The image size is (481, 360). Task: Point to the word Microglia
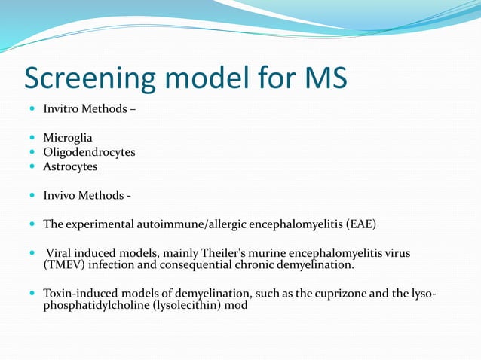pyautogui.click(x=68, y=138)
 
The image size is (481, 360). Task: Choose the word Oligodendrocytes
pyautogui.click(x=89, y=152)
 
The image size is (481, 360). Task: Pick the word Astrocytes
pyautogui.click(x=70, y=166)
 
